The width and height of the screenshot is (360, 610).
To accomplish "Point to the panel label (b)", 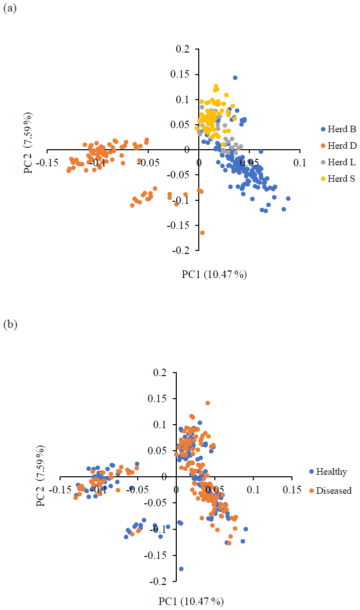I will (x=10, y=325).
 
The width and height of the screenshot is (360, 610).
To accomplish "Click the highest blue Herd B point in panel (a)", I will (x=235, y=78).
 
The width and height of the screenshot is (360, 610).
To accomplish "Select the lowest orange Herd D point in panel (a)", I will (x=202, y=233).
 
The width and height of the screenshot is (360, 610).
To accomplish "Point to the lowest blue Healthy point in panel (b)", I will (x=181, y=569).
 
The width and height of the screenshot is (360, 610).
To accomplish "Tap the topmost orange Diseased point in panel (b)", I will (x=207, y=403).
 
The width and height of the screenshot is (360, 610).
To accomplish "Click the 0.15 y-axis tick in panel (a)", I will (x=183, y=75).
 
